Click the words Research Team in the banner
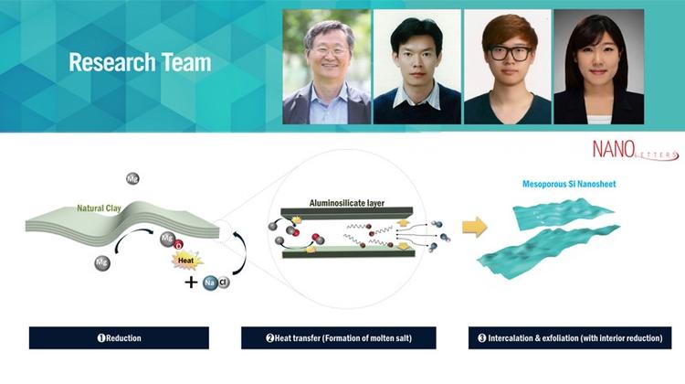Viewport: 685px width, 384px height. click(140, 63)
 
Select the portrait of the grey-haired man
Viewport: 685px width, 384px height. click(326, 67)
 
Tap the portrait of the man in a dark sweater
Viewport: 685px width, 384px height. click(416, 67)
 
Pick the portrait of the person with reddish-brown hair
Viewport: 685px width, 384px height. click(507, 67)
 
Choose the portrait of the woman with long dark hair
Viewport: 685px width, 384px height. click(598, 67)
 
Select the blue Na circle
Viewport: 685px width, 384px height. click(209, 282)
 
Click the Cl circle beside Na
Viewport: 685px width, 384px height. click(224, 282)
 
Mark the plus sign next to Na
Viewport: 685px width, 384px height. click(191, 282)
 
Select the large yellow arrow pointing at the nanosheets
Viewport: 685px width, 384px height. click(474, 225)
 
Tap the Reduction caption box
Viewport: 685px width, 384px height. click(119, 337)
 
